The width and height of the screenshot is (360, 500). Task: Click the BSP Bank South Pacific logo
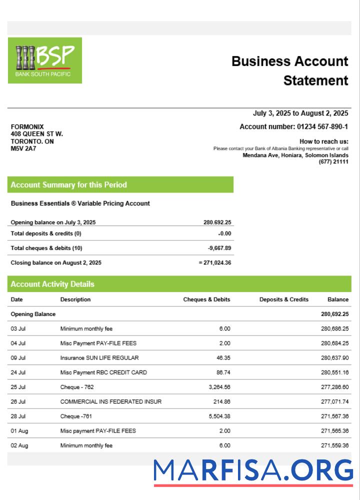coord(44,60)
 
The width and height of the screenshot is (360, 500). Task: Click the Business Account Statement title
coord(289,70)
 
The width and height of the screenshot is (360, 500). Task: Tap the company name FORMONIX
coord(27,127)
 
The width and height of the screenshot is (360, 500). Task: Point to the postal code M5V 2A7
coord(23,148)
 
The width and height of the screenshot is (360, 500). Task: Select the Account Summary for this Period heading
coord(69,185)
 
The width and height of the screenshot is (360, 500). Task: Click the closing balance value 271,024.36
coord(215,262)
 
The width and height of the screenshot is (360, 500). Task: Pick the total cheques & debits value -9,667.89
coord(219,248)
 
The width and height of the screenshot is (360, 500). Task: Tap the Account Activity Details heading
coord(52,284)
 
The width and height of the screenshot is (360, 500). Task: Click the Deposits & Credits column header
coord(283,299)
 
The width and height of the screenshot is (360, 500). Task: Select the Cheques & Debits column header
coord(206,299)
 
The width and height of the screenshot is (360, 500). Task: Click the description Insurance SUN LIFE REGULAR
coord(99,358)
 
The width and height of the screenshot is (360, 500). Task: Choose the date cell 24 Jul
coord(18,372)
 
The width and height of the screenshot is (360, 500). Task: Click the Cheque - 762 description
coord(77,387)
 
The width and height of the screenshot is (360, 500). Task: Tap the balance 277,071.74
coord(334,401)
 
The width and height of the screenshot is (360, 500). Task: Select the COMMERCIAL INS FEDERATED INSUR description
coord(111,401)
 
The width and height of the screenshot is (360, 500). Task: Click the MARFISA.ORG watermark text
coord(253,471)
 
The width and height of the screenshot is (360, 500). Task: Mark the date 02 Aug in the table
coord(19,445)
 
